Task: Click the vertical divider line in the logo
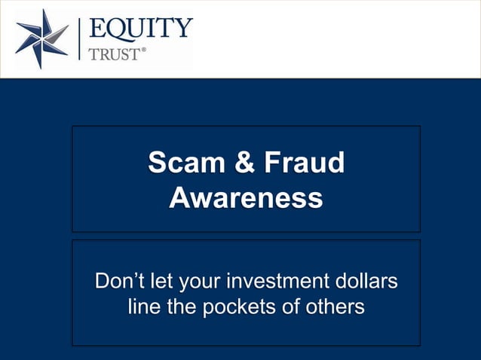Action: point(79,39)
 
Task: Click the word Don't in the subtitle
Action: point(119,284)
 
